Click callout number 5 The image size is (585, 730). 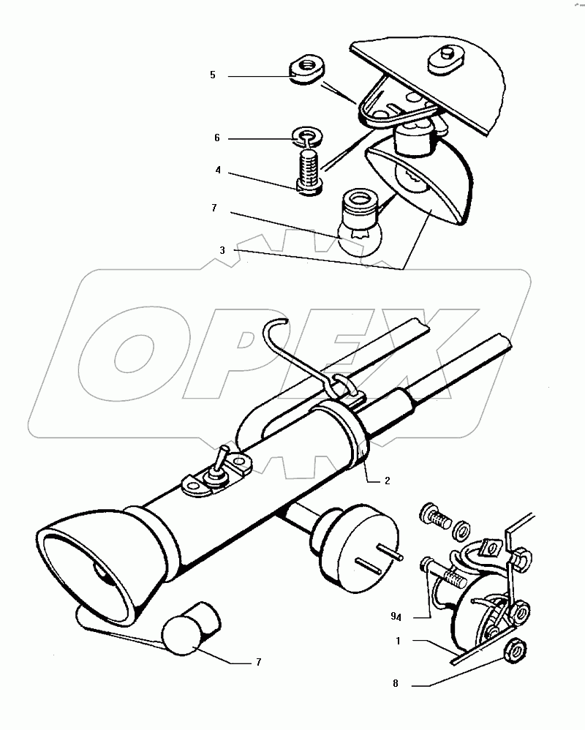pyautogui.click(x=213, y=75)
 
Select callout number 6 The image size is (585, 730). pyautogui.click(x=217, y=138)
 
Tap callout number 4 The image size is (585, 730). pyautogui.click(x=218, y=170)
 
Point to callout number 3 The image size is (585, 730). pyautogui.click(x=222, y=250)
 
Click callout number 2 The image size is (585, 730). pyautogui.click(x=388, y=481)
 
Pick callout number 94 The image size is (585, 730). pyautogui.click(x=396, y=617)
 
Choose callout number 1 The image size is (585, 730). pyautogui.click(x=398, y=641)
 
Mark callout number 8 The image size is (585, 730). pyautogui.click(x=396, y=683)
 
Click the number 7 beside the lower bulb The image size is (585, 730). pyautogui.click(x=259, y=662)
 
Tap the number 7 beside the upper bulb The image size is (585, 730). pyautogui.click(x=214, y=208)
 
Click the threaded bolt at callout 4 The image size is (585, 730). pyautogui.click(x=307, y=170)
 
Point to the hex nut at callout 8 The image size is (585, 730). pyautogui.click(x=516, y=650)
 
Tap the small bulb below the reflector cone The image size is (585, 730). pyautogui.click(x=190, y=628)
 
